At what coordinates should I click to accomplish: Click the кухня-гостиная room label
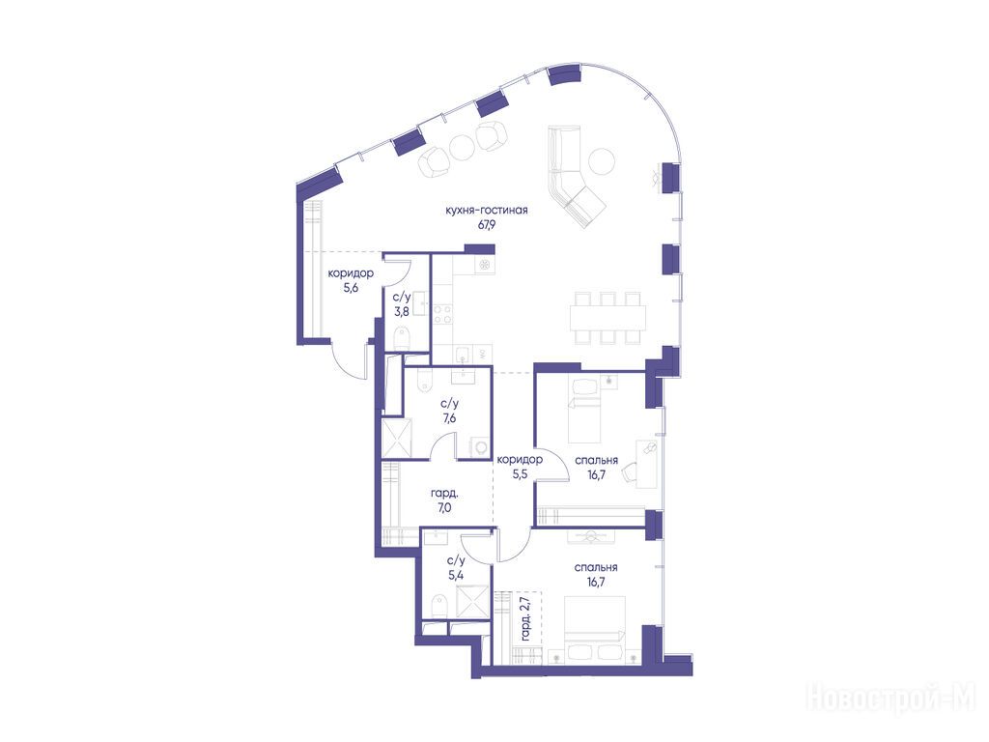pyautogui.click(x=487, y=210)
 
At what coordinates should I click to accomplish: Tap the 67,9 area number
pyautogui.click(x=487, y=224)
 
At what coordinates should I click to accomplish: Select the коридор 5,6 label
pyautogui.click(x=350, y=281)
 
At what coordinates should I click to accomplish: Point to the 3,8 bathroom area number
pyautogui.click(x=402, y=311)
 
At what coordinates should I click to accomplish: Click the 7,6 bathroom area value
pyautogui.click(x=449, y=417)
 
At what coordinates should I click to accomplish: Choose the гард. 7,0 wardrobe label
pyautogui.click(x=444, y=499)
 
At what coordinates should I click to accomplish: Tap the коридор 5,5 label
pyautogui.click(x=520, y=467)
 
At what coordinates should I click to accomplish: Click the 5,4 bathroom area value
pyautogui.click(x=456, y=574)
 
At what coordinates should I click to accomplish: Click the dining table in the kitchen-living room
pyautogui.click(x=608, y=317)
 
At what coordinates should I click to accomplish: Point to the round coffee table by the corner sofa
pyautogui.click(x=602, y=161)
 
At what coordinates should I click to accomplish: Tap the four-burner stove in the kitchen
pyautogui.click(x=441, y=314)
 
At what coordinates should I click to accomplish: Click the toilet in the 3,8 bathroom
pyautogui.click(x=401, y=339)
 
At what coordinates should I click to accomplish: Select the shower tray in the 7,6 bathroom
pyautogui.click(x=397, y=438)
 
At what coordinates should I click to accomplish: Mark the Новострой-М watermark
pyautogui.click(x=890, y=697)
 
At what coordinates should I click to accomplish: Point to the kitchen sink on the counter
pyautogui.click(x=463, y=353)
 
